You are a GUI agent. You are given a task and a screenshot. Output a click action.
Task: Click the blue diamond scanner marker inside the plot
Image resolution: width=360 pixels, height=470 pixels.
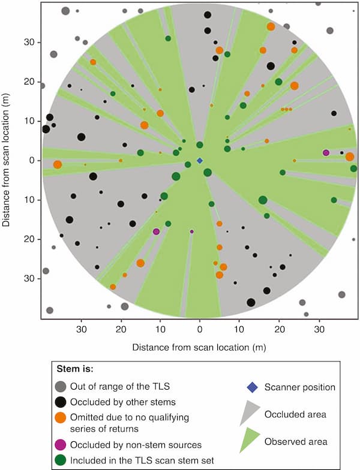pos(200,161)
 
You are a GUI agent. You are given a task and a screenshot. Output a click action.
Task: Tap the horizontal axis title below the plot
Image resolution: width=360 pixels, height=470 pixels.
pos(200,347)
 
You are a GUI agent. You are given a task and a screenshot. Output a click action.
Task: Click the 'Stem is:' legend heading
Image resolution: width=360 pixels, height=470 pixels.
pos(75,367)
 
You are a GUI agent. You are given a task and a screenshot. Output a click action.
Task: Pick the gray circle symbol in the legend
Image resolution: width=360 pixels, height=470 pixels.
pos(60,387)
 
